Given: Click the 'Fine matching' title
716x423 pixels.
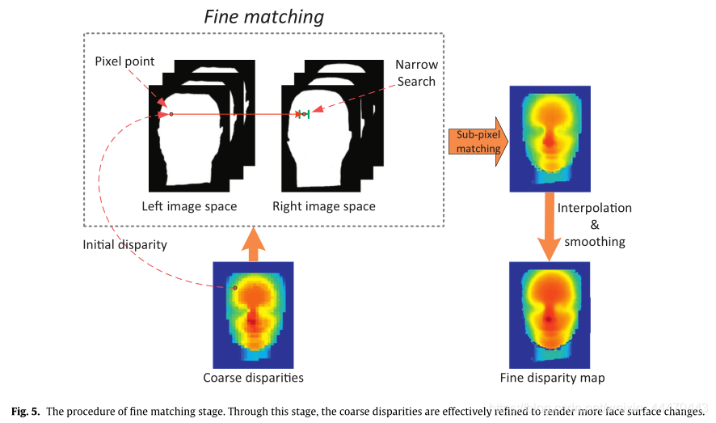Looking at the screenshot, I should coord(263,16).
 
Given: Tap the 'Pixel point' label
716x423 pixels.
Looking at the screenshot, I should coord(124,61).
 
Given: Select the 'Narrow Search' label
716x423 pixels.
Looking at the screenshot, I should coord(415,72).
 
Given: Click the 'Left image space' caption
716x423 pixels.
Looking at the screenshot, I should coord(189,206).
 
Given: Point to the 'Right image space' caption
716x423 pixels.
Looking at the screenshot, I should coord(323,206).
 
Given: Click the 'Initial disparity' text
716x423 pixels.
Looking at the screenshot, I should coord(124,244).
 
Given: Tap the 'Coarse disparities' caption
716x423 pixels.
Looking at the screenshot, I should coord(253,378).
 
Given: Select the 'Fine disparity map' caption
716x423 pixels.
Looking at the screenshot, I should coord(552,378).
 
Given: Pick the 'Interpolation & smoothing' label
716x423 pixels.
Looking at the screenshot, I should coord(594,225).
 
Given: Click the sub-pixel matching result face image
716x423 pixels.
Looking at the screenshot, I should coord(550,139).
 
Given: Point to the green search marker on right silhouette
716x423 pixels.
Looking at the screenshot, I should coord(305,114).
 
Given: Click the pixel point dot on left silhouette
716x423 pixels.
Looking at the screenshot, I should coord(171,114).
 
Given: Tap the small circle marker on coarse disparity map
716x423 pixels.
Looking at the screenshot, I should coord(235,288).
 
